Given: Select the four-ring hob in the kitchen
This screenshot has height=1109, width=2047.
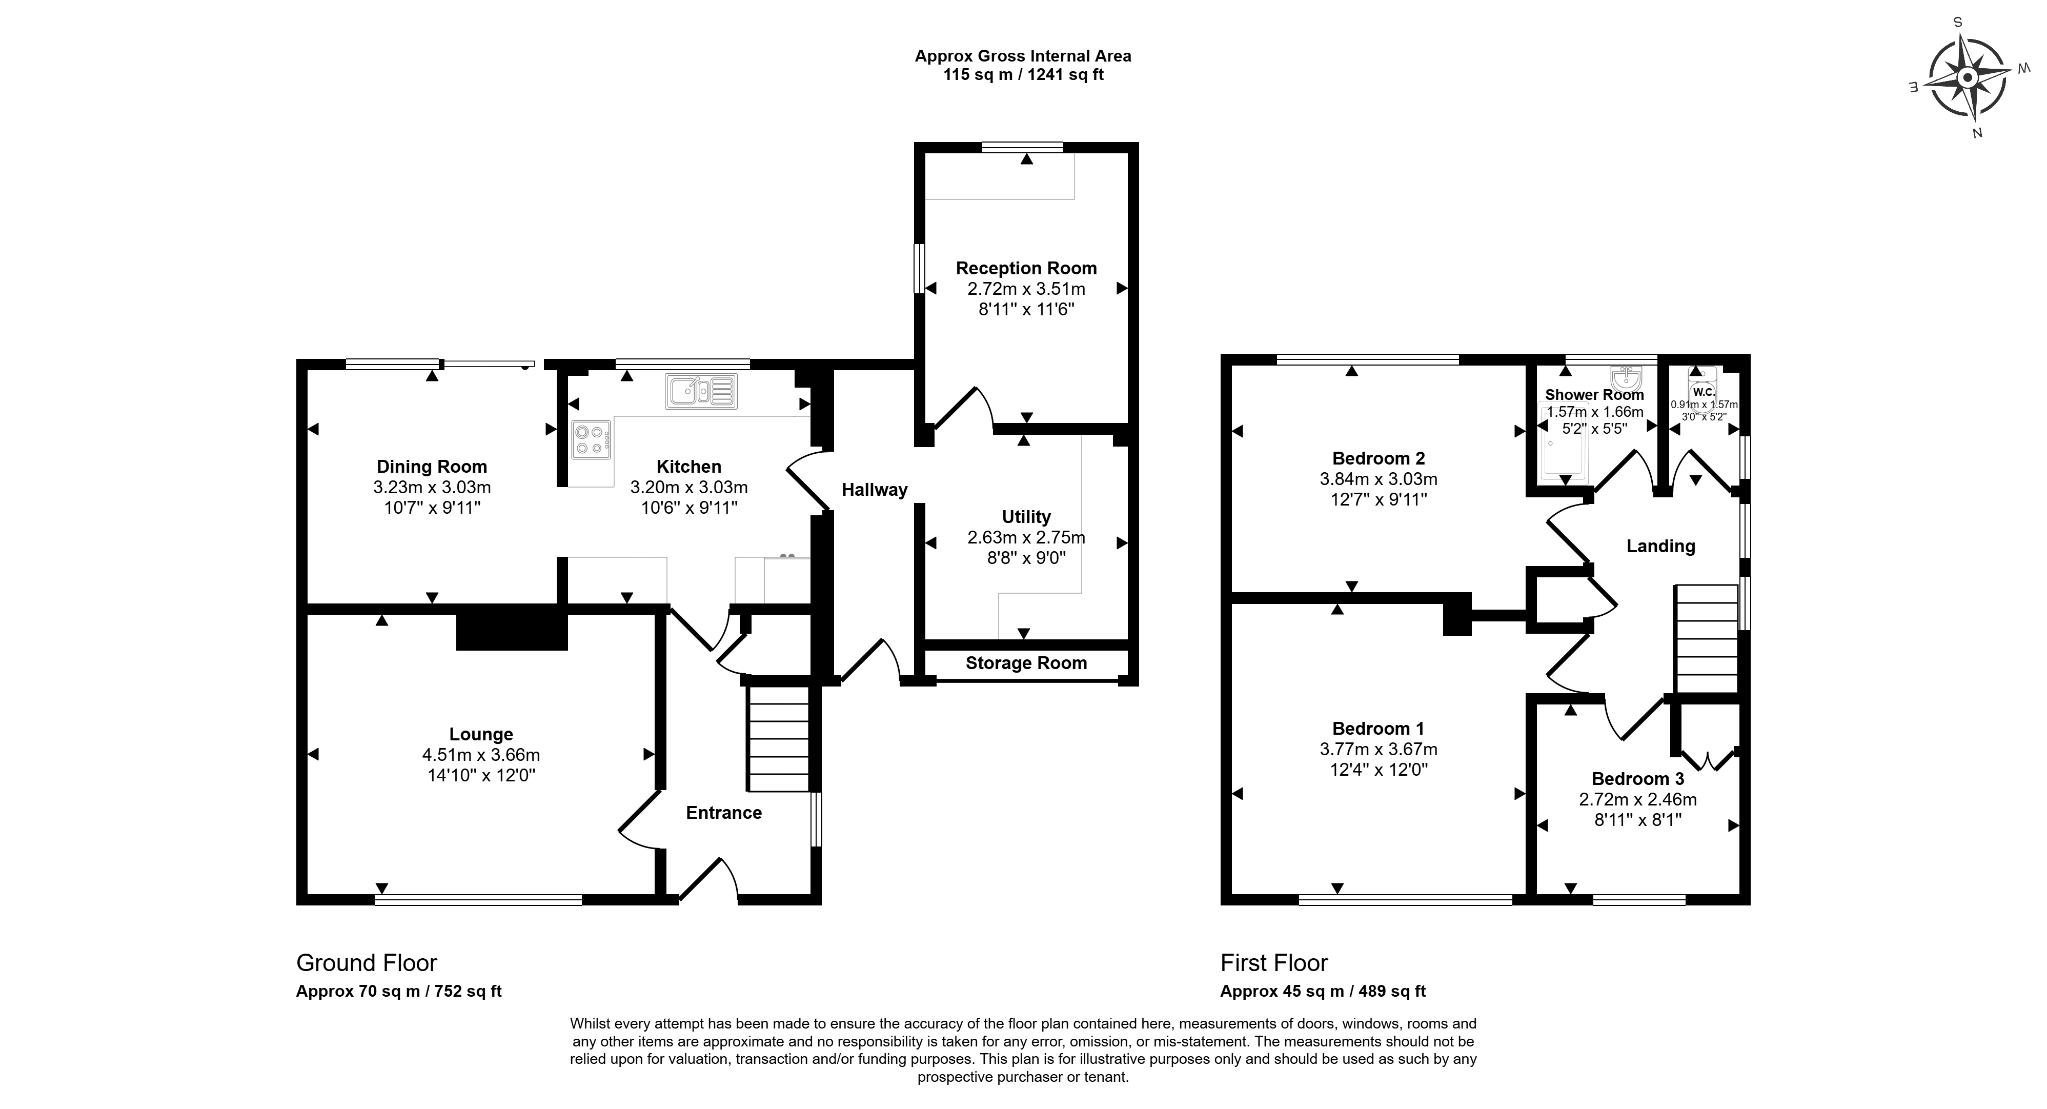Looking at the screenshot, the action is (591, 439).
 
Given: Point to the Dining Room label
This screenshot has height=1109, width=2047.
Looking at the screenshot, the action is (432, 467).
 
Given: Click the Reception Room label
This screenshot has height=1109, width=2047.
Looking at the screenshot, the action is (1026, 269).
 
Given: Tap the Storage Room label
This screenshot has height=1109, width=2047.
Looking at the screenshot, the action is (1026, 663).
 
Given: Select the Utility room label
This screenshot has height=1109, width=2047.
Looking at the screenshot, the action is (1026, 517).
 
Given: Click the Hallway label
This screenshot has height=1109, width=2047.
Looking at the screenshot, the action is (874, 490).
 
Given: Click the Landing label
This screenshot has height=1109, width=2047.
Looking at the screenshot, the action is (1661, 546).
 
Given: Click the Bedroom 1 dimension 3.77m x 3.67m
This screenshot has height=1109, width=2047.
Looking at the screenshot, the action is (1379, 750).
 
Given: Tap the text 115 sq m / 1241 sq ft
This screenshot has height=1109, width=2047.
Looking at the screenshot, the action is (1023, 75).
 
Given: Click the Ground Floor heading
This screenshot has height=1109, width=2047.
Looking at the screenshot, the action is (367, 963).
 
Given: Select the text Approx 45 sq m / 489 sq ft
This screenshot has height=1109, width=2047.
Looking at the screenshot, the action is (1323, 992).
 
